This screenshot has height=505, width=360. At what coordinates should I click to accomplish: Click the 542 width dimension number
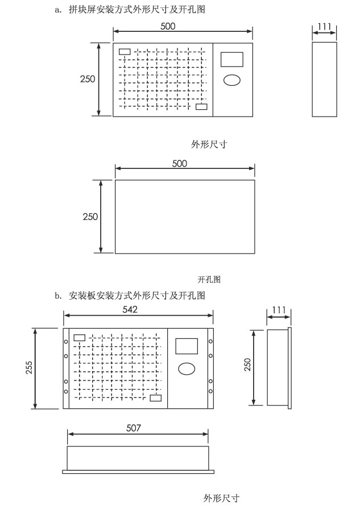[130, 309]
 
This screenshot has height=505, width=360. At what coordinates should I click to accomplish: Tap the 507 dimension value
[134, 428]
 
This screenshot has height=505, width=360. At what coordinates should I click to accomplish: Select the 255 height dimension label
[29, 367]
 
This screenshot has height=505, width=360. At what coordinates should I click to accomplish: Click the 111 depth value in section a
[324, 26]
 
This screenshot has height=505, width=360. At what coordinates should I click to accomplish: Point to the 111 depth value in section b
[279, 310]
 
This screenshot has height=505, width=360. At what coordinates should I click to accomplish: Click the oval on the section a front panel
[232, 80]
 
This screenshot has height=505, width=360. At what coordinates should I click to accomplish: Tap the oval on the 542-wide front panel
[187, 369]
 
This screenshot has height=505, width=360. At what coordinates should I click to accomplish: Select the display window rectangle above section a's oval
[232, 60]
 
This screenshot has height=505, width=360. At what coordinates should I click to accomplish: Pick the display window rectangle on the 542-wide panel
[187, 346]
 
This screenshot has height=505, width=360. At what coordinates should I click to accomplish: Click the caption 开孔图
[209, 279]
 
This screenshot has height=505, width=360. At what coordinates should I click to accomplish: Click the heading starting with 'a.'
[130, 10]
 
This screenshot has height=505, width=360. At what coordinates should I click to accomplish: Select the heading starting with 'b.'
[130, 295]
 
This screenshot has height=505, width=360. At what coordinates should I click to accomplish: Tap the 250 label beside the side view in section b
[247, 365]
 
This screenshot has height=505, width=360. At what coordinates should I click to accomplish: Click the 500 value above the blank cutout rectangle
[179, 164]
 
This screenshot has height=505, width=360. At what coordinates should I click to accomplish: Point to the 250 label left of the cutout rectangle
[90, 217]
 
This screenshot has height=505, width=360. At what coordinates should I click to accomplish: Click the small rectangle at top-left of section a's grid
[125, 52]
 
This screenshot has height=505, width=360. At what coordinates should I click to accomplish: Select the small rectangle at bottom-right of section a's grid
[201, 106]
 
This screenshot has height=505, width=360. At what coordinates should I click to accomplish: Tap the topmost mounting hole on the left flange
[66, 341]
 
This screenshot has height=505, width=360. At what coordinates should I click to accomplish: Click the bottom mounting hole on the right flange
[210, 391]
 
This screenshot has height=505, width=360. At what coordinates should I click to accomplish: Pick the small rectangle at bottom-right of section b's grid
[155, 398]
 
